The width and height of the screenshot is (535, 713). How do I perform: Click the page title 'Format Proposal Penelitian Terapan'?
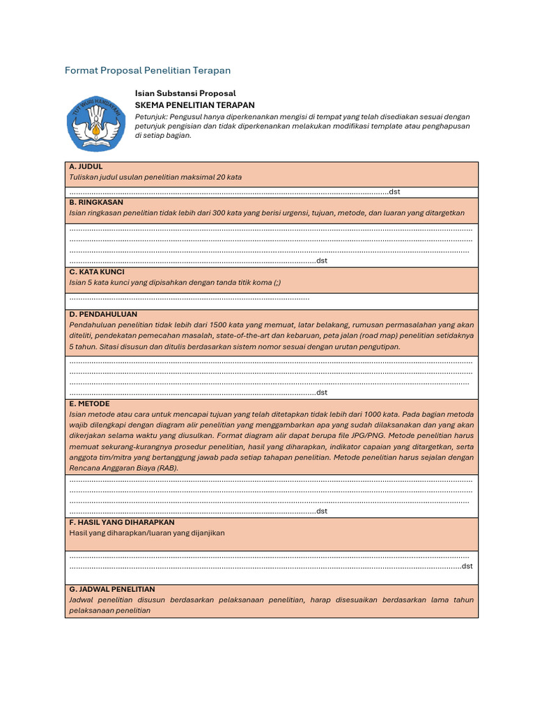click(147, 70)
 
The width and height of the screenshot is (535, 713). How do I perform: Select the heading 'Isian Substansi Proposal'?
click(185, 93)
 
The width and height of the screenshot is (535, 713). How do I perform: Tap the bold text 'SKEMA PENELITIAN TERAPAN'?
click(194, 104)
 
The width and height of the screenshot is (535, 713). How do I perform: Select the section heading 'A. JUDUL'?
click(86, 167)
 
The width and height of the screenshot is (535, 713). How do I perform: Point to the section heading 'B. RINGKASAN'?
click(96, 202)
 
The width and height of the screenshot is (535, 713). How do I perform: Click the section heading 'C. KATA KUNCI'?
click(97, 272)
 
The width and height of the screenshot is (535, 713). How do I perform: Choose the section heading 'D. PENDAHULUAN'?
click(103, 314)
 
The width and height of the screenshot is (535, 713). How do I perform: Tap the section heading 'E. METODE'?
click(89, 404)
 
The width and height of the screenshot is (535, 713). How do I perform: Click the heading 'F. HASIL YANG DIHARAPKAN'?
click(122, 522)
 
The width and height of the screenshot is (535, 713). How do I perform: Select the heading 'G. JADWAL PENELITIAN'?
click(112, 589)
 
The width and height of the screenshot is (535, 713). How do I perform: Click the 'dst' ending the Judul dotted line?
click(394, 192)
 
